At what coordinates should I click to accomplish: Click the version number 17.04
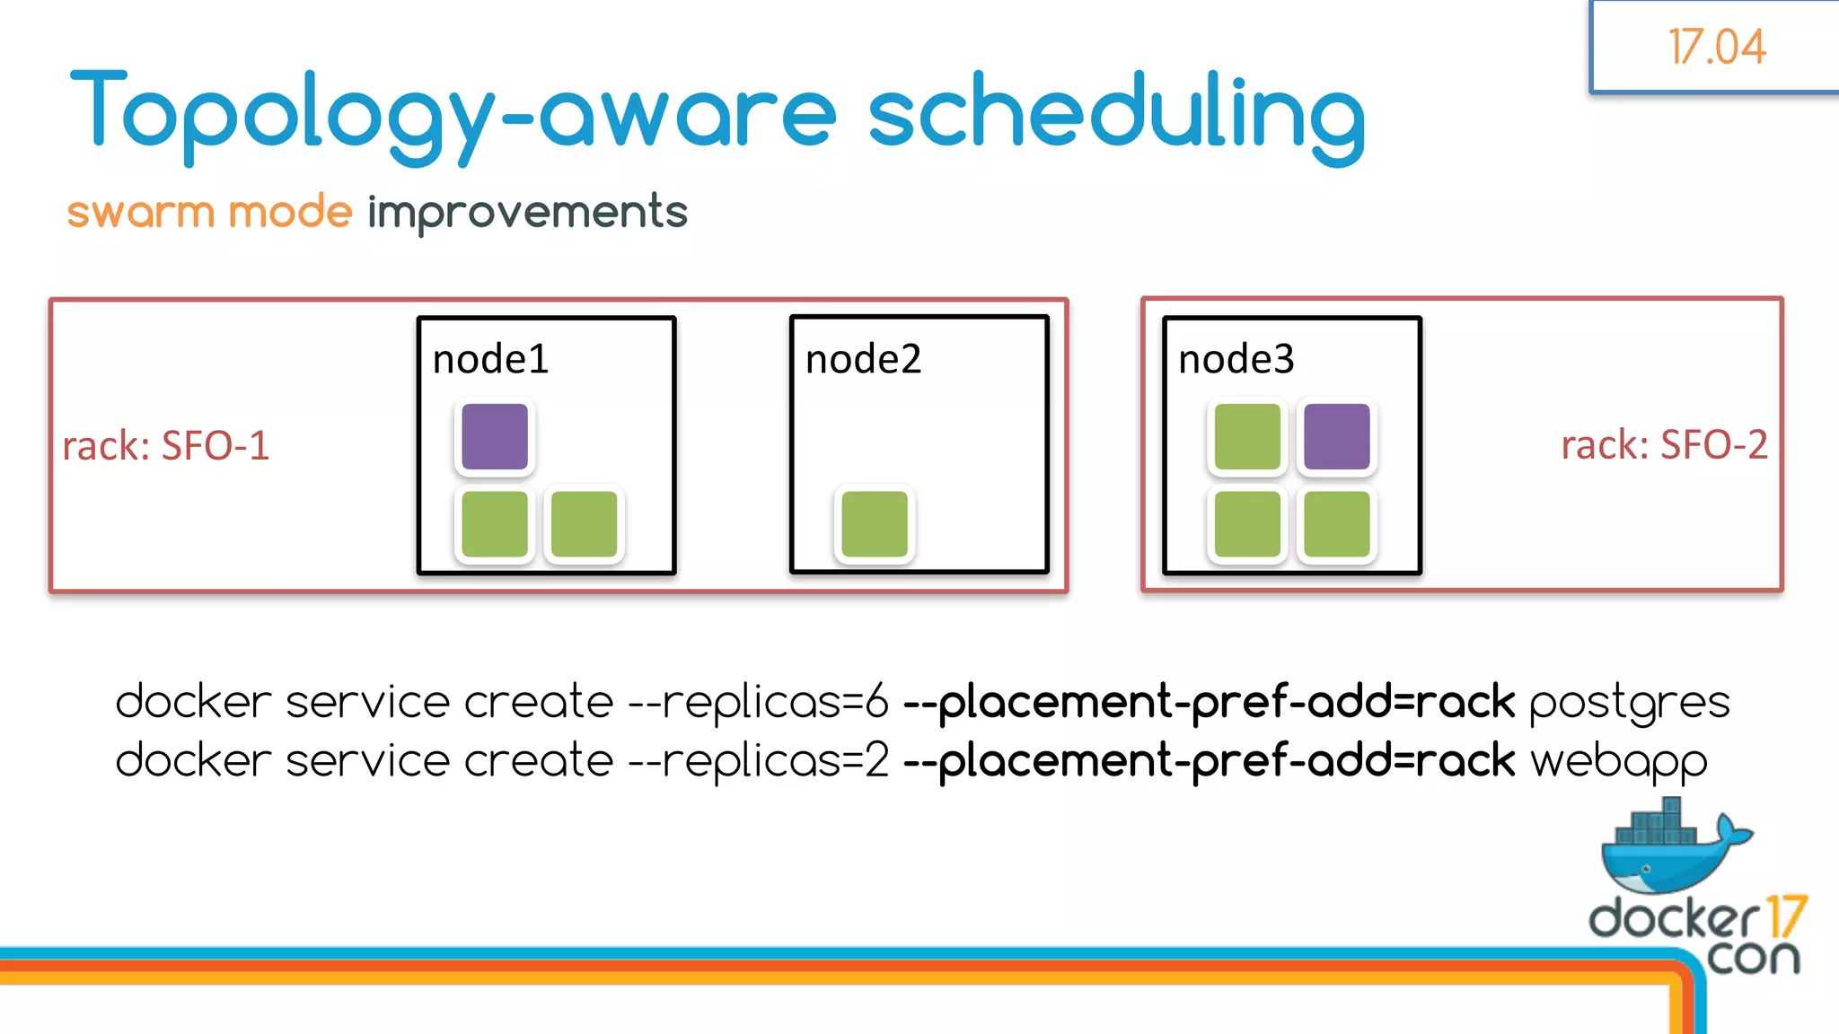(1716, 47)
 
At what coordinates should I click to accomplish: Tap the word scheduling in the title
(1116, 114)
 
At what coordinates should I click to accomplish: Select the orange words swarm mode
(209, 213)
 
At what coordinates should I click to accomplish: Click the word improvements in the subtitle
(527, 214)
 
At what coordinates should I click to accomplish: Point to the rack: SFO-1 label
(166, 446)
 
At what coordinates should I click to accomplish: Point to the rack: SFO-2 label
(1664, 445)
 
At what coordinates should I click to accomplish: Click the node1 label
(490, 360)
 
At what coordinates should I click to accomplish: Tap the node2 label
(863, 360)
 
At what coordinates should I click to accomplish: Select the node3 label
(1236, 360)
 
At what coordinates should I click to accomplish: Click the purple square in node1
(495, 437)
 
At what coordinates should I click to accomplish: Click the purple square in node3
(1336, 437)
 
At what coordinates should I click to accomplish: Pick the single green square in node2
(875, 524)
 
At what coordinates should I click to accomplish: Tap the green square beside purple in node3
(1247, 437)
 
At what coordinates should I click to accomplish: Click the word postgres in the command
(1629, 702)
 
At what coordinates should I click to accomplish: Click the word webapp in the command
(1618, 762)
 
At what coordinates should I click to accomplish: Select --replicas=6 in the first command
(759, 702)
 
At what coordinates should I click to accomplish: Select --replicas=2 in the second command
(759, 761)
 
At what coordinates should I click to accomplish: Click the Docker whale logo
(1670, 848)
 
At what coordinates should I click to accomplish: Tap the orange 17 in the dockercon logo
(1785, 916)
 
